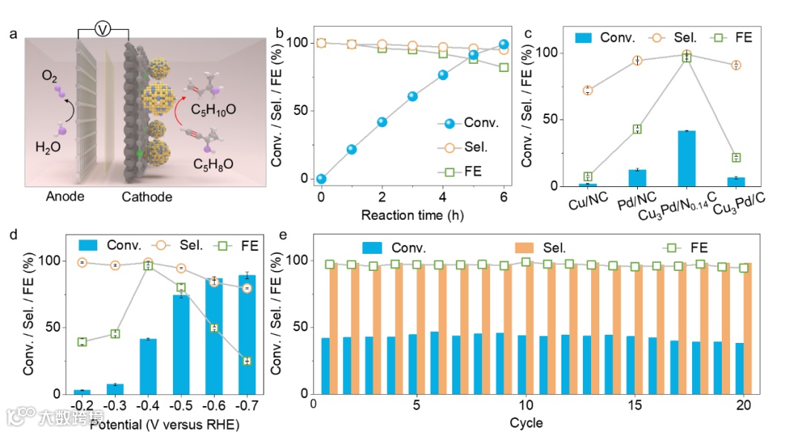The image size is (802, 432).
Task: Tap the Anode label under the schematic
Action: [x=65, y=197]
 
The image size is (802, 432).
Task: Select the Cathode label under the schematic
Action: [x=147, y=197]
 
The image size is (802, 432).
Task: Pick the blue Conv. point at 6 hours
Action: [x=503, y=45]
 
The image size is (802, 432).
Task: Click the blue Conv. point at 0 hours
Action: [x=321, y=179]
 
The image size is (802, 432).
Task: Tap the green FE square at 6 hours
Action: [x=503, y=67]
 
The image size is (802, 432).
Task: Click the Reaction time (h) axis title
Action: [x=411, y=216]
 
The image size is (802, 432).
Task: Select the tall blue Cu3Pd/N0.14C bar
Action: [x=686, y=158]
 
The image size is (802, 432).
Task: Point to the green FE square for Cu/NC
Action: [x=587, y=177]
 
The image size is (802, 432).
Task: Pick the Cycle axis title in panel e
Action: [x=526, y=423]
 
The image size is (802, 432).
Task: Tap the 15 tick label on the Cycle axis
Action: [x=635, y=405]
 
